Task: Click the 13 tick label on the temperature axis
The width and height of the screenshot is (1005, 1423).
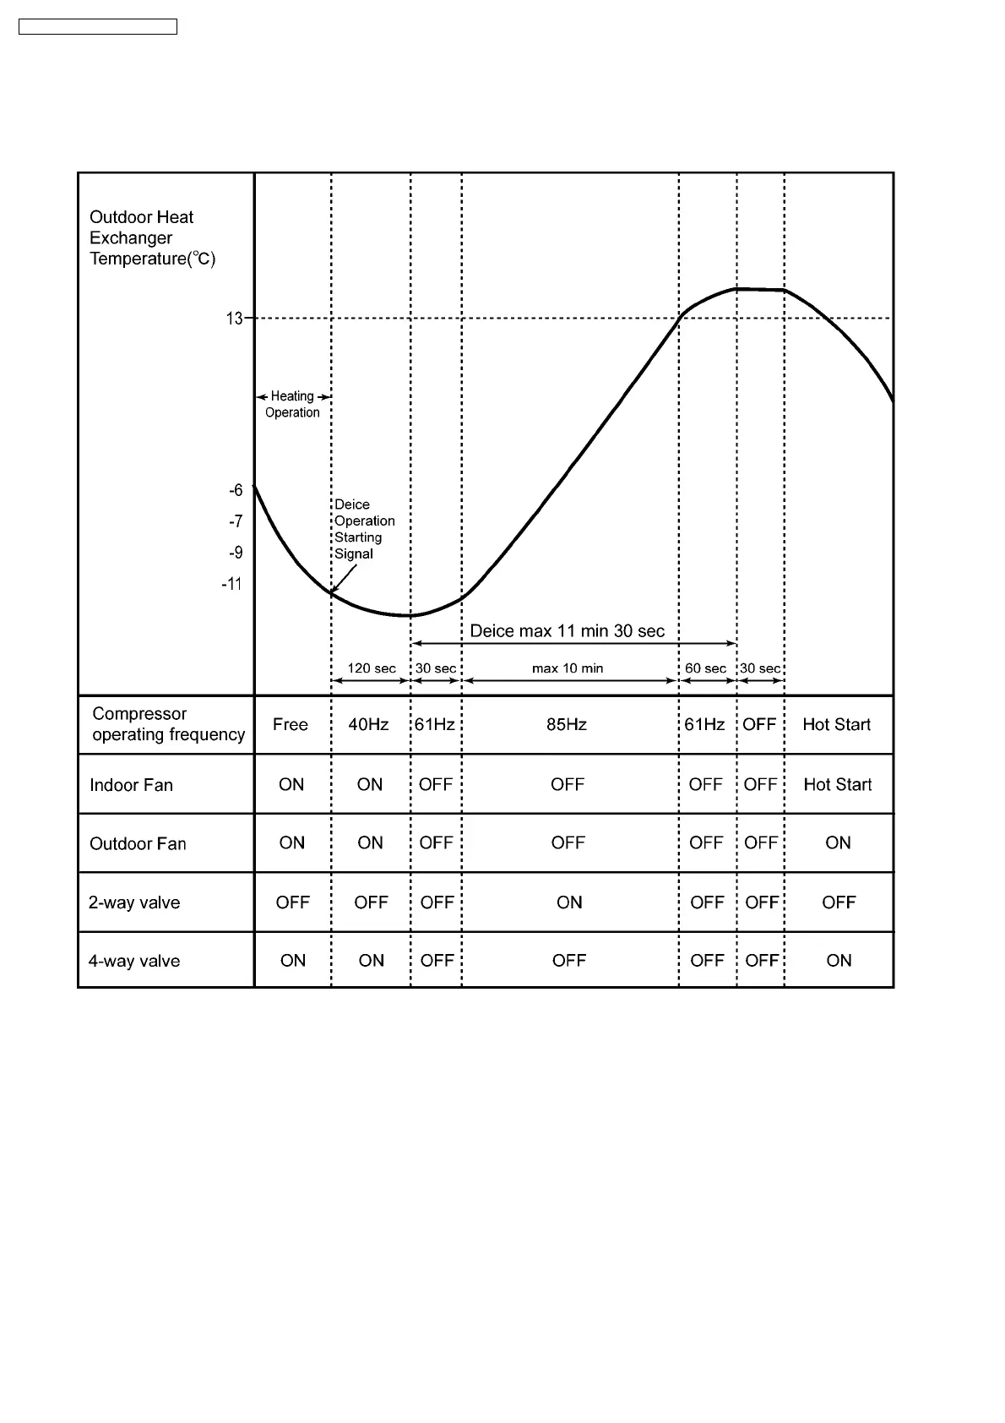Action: pyautogui.click(x=234, y=319)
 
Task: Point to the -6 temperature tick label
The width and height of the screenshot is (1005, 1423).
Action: pyautogui.click(x=236, y=491)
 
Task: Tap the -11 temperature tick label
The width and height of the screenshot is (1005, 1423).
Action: pyautogui.click(x=231, y=585)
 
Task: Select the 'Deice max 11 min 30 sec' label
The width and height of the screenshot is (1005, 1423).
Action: pyautogui.click(x=567, y=631)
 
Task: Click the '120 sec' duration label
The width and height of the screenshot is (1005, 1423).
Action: pyautogui.click(x=372, y=668)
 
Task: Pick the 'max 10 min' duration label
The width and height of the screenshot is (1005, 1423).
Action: pyautogui.click(x=568, y=668)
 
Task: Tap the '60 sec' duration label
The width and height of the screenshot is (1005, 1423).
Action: pyautogui.click(x=705, y=668)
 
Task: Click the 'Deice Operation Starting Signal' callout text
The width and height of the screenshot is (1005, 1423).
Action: pyautogui.click(x=364, y=529)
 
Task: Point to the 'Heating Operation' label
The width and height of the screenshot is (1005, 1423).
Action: pyautogui.click(x=292, y=404)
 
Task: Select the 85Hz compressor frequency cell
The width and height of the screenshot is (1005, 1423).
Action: pyautogui.click(x=567, y=725)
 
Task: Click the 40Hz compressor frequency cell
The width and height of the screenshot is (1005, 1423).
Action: pyautogui.click(x=369, y=725)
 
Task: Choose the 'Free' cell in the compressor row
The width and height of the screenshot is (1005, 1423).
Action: pyautogui.click(x=291, y=725)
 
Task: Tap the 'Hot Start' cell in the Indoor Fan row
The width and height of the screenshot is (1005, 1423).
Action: pyautogui.click(x=837, y=785)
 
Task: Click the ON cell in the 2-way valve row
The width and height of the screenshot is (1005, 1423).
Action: pyautogui.click(x=569, y=902)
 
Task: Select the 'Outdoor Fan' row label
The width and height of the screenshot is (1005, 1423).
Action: pyautogui.click(x=138, y=844)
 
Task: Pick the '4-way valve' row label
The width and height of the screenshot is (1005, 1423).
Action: pyautogui.click(x=134, y=962)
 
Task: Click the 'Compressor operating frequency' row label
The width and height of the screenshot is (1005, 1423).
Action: pyautogui.click(x=168, y=724)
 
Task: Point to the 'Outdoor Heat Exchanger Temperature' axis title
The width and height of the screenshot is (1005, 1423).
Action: pyautogui.click(x=152, y=238)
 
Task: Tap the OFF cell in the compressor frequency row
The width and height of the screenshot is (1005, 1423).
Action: pyautogui.click(x=759, y=725)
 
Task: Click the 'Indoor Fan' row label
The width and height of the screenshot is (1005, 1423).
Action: pyautogui.click(x=131, y=785)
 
